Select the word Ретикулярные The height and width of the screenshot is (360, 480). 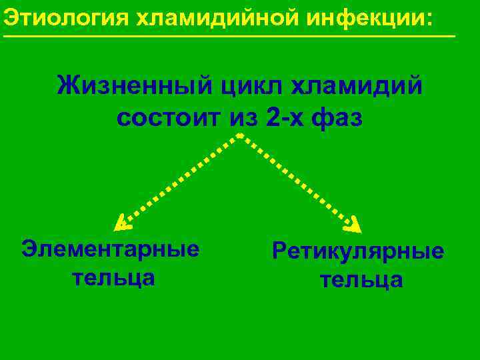pyautogui.click(x=357, y=251)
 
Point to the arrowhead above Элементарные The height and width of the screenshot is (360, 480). pyautogui.click(x=119, y=221)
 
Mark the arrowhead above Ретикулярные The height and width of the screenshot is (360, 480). pyautogui.click(x=356, y=221)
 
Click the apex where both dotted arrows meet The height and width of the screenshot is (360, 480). pyautogui.click(x=239, y=135)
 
